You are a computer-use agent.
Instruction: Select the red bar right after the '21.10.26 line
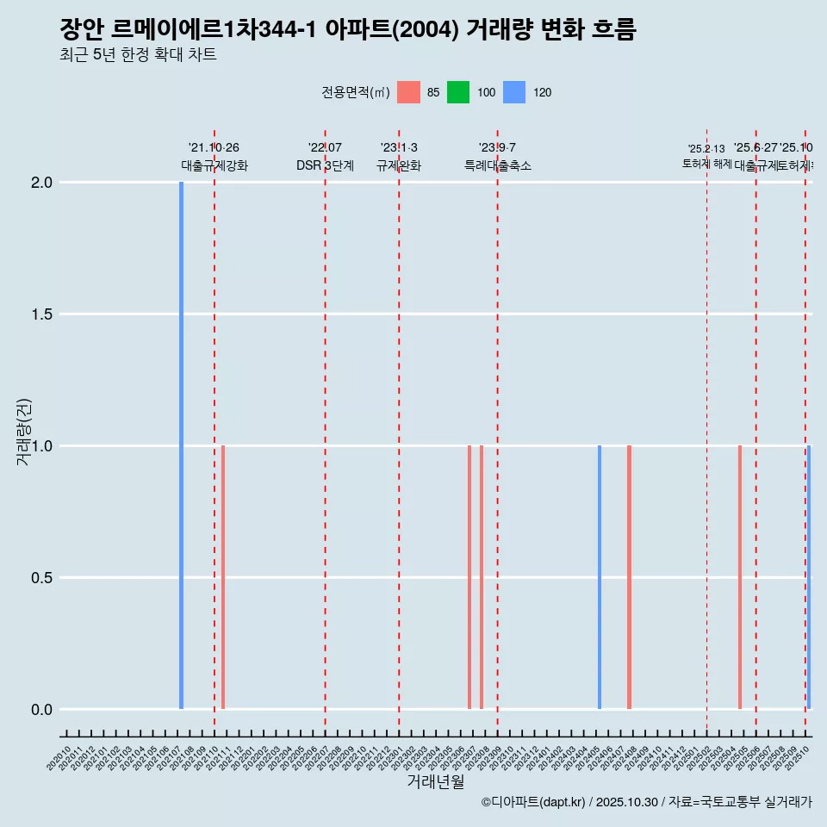(223, 577)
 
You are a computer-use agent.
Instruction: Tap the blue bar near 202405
(600, 577)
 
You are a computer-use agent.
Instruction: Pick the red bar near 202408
(630, 577)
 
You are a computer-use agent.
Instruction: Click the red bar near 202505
(740, 577)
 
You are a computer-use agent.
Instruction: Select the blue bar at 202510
(809, 577)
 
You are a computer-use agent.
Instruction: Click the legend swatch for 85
(408, 92)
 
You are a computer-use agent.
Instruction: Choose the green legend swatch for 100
(458, 92)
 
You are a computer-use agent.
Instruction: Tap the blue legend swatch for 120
(513, 92)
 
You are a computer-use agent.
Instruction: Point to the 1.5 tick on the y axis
(42, 314)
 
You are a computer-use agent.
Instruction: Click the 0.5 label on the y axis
(42, 578)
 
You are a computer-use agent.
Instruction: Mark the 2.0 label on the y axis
(42, 183)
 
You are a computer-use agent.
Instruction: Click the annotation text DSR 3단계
(325, 165)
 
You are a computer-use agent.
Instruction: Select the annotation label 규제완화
(399, 165)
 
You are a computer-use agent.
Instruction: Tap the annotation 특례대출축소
(497, 165)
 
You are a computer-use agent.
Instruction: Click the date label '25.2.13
(706, 149)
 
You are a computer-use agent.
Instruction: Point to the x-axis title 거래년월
(435, 781)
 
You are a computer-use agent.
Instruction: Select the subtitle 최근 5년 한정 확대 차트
(138, 55)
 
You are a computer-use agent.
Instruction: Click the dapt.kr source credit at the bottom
(646, 802)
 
